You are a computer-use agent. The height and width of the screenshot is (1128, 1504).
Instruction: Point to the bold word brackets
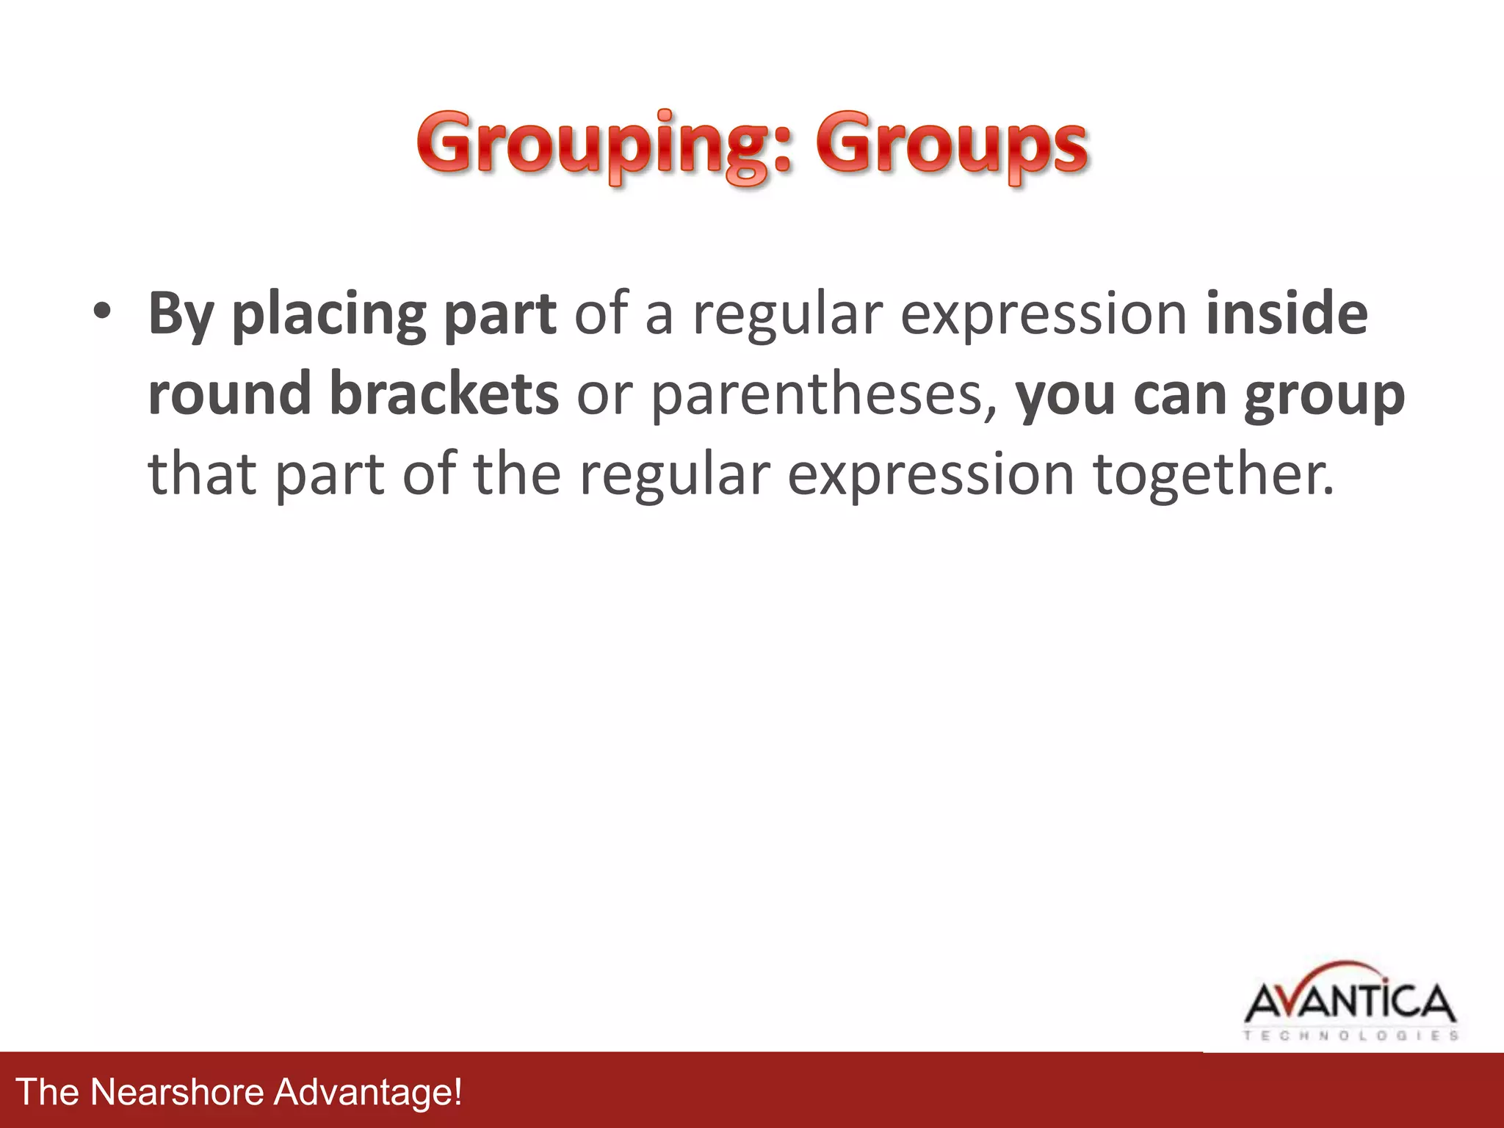444,393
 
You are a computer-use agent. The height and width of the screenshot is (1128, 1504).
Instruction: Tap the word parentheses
823,394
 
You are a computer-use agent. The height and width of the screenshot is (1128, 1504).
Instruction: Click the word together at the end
1213,474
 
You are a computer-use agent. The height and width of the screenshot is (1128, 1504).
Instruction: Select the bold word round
230,393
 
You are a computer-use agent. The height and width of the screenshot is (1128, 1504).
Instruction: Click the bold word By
181,314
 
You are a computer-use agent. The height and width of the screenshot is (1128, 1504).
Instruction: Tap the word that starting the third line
203,474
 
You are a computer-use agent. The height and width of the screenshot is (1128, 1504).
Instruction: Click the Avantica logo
1350,1002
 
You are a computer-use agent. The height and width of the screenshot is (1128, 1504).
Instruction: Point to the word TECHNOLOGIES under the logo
1350,1036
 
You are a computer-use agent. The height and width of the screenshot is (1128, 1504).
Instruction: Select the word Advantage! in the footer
368,1091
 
